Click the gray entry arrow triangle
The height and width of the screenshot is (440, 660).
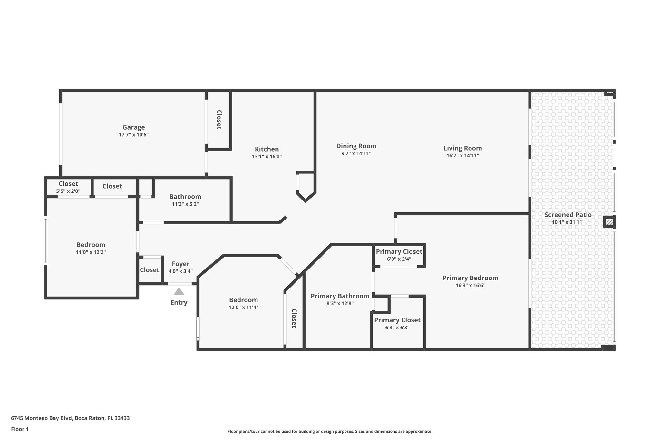click(179, 291)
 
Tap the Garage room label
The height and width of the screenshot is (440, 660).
click(133, 127)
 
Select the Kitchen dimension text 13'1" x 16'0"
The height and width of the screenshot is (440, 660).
click(267, 157)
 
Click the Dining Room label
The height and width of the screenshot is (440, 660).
click(356, 146)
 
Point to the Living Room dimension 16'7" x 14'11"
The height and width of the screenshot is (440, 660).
click(462, 156)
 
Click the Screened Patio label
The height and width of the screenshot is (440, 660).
click(568, 215)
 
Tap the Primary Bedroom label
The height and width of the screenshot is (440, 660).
click(470, 278)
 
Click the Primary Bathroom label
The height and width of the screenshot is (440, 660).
click(340, 296)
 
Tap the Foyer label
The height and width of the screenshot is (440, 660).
click(180, 264)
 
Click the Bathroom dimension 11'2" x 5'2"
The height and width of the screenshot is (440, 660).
click(185, 204)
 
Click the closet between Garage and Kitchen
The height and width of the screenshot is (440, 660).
click(219, 120)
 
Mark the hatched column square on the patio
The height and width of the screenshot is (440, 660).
click(609, 222)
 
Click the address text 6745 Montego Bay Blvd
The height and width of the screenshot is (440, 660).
click(42, 418)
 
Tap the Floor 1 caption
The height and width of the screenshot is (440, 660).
click(20, 429)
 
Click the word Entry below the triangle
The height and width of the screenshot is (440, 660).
click(179, 302)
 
